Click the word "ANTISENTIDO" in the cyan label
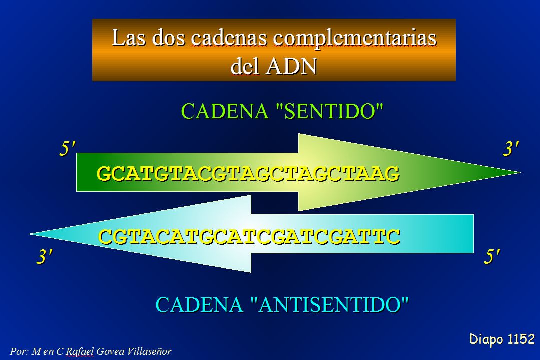point(329,303)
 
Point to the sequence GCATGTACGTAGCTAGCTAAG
point(248,173)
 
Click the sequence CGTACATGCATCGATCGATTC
point(249,236)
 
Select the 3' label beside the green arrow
point(511,149)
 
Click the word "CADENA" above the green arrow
point(225,111)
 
